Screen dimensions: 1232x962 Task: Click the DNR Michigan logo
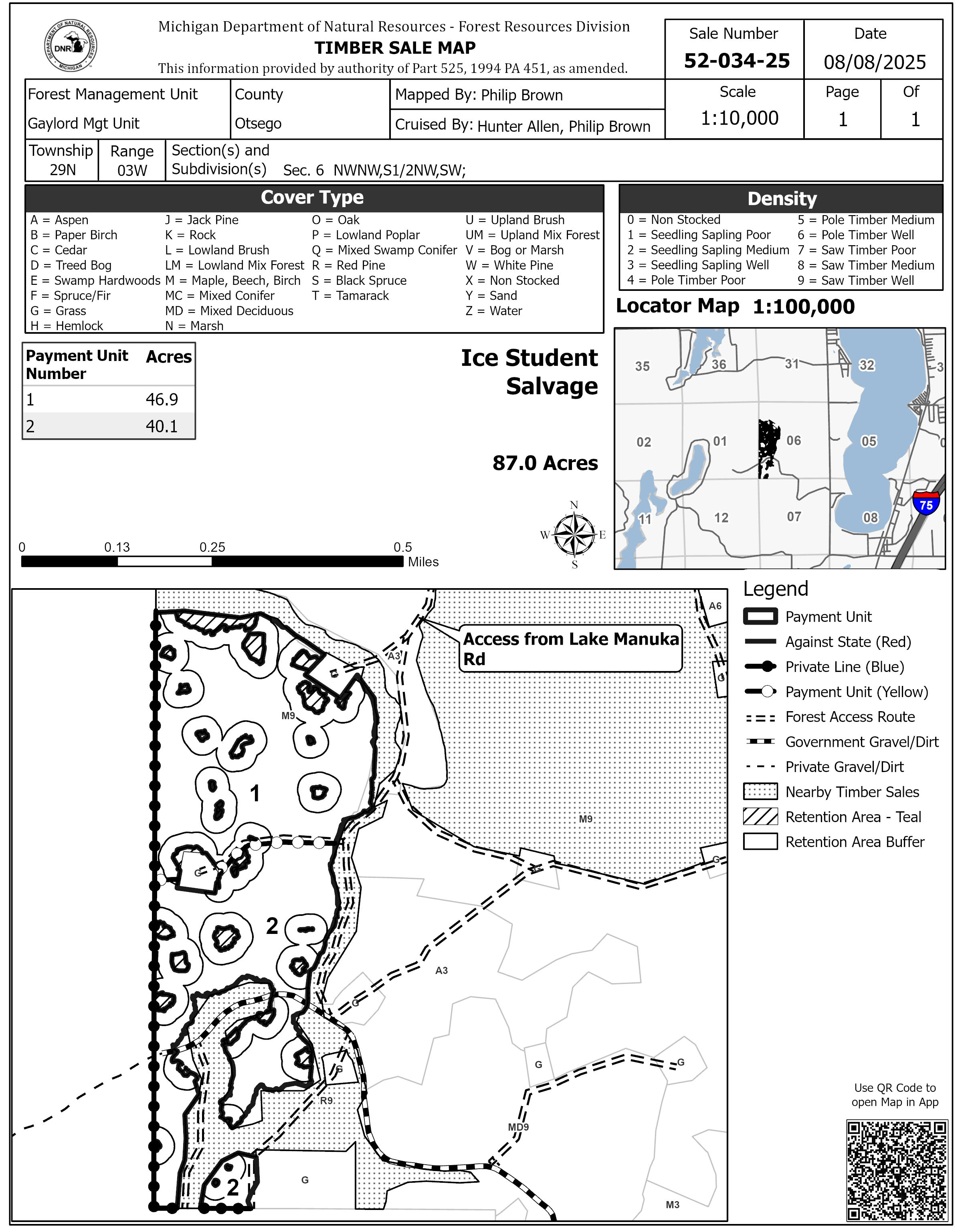click(71, 46)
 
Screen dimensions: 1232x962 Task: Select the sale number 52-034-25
click(736, 61)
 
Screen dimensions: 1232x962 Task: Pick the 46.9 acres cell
click(162, 399)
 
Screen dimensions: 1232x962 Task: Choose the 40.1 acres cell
click(162, 426)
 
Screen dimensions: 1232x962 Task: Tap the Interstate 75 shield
click(926, 504)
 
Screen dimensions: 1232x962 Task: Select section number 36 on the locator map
click(718, 365)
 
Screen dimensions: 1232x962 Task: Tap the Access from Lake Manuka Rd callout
click(570, 649)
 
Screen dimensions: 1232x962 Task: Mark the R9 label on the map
click(326, 1101)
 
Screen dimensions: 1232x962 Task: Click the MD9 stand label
click(518, 1127)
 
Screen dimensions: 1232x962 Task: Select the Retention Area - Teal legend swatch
click(760, 817)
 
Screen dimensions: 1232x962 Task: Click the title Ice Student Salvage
click(529, 372)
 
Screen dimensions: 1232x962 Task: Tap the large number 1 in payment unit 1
click(255, 794)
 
